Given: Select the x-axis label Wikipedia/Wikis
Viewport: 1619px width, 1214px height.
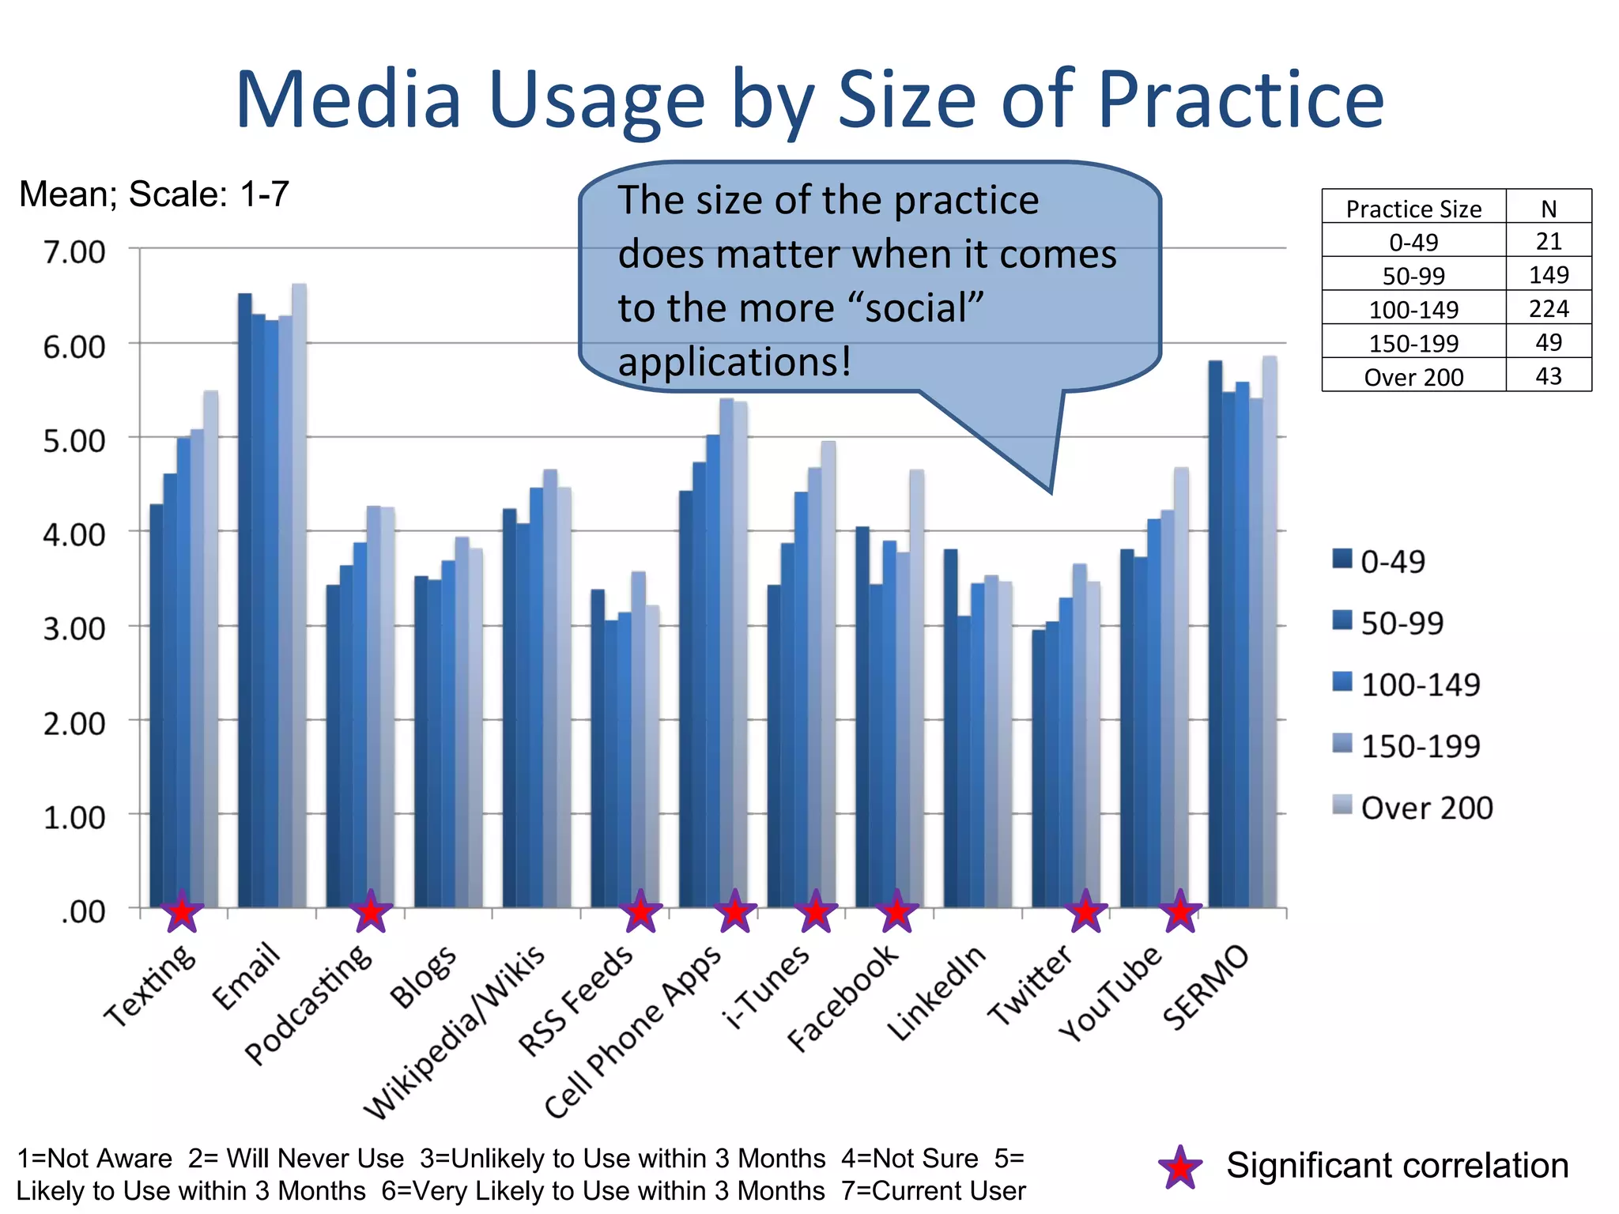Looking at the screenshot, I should click(x=455, y=1031).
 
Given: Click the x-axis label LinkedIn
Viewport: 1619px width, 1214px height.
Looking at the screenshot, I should click(x=937, y=993).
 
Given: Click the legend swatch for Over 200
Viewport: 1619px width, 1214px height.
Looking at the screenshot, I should click(x=1342, y=805).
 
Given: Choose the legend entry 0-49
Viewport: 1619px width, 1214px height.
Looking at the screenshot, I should click(x=1392, y=561).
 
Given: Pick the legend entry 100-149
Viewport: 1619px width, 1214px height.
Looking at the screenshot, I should click(x=1420, y=684).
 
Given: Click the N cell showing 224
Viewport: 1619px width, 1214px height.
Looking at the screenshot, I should click(x=1548, y=308).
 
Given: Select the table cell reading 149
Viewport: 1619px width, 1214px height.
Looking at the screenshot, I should click(x=1548, y=275).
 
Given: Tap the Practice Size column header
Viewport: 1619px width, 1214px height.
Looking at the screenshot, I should click(x=1413, y=209).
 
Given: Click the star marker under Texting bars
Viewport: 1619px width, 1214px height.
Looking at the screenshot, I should click(x=183, y=912).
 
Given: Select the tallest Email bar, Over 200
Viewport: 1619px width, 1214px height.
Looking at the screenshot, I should click(x=299, y=593).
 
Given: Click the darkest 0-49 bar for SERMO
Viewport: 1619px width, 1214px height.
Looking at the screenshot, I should click(x=1215, y=632).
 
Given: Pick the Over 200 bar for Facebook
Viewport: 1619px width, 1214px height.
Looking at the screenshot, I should click(x=916, y=688).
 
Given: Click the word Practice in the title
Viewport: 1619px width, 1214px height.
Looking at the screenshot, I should click(x=1240, y=100).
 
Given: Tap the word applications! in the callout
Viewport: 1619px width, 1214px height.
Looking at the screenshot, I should click(x=734, y=363).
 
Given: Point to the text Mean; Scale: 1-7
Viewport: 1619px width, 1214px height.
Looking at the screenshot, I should click(x=154, y=194).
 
